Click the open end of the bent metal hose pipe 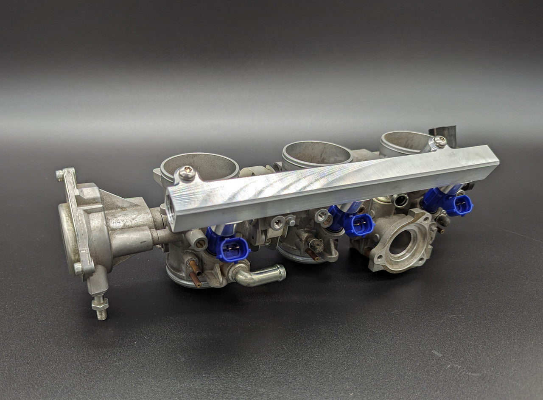coord(280,272)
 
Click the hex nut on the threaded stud coord(100,304)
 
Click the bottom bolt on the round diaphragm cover coord(78,268)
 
